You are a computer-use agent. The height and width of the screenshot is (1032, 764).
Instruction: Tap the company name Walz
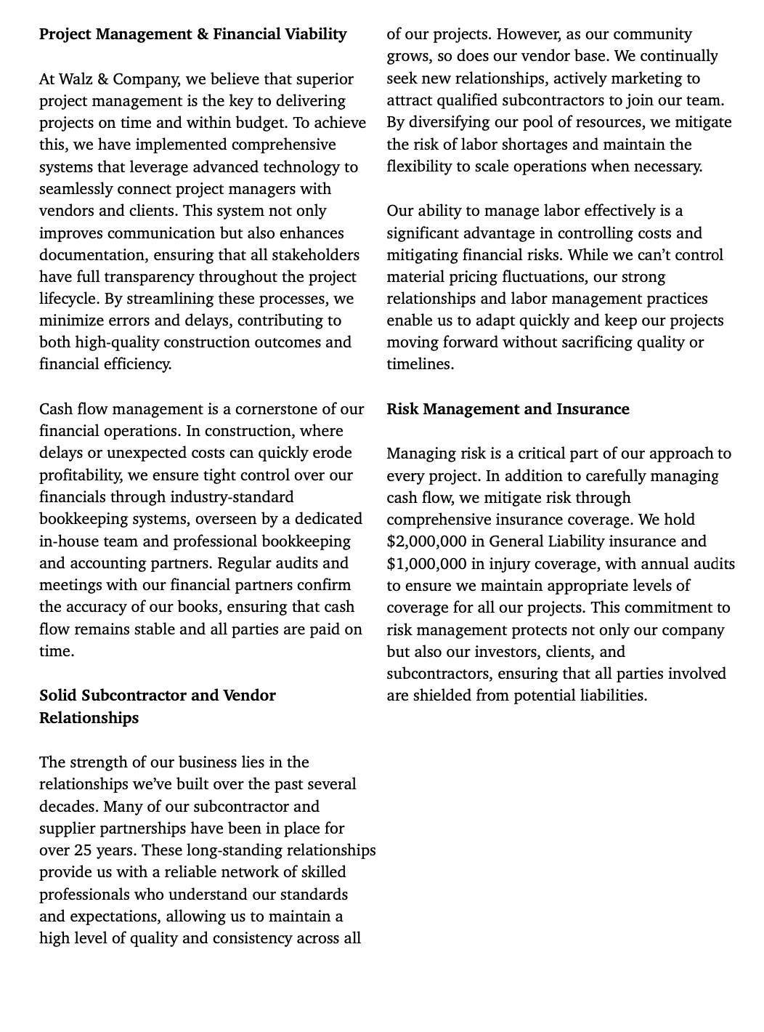coord(76,78)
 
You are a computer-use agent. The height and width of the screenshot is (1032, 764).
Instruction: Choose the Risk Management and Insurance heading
coord(508,409)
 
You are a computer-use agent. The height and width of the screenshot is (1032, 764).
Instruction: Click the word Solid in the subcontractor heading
coord(58,696)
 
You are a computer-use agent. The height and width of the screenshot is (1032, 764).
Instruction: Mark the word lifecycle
coord(69,299)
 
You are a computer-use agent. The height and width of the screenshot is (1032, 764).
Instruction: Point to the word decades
coord(69,807)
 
